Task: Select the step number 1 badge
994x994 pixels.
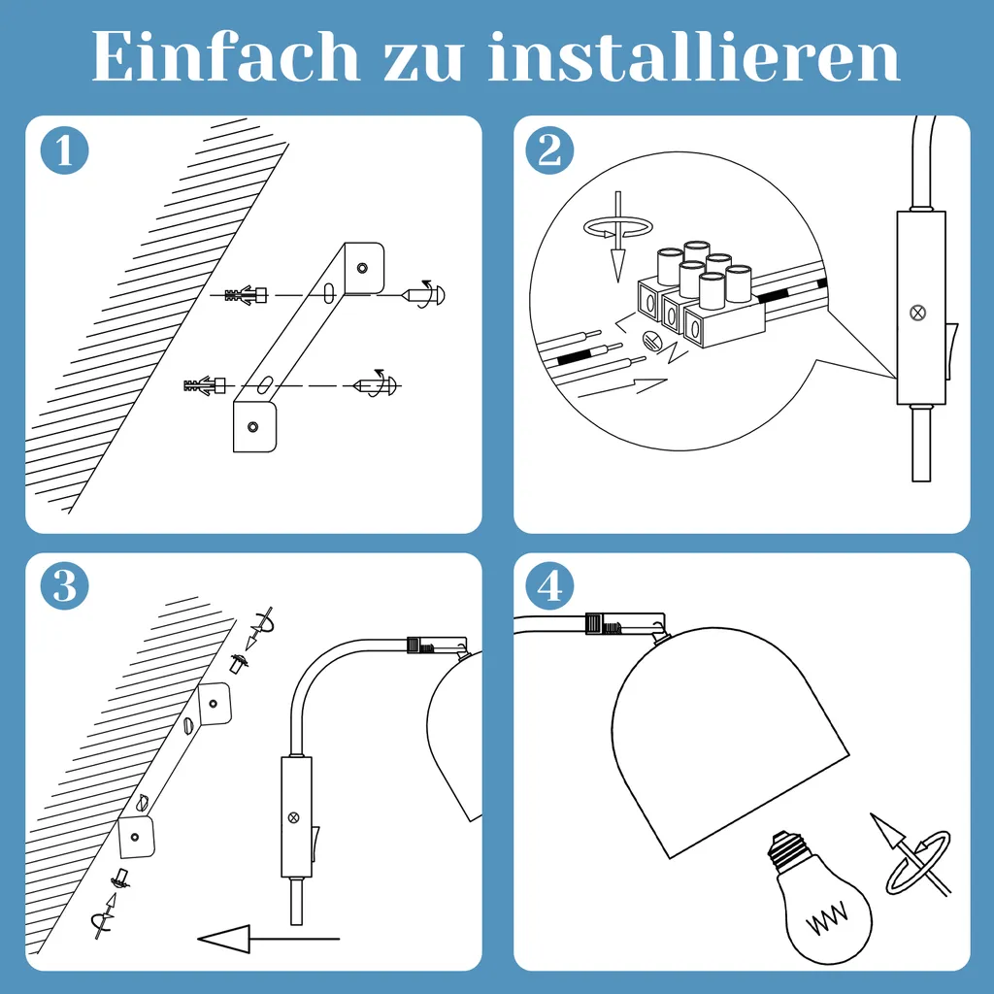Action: tap(64, 150)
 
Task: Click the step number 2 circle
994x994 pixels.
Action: tap(549, 150)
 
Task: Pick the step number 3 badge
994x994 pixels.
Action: tap(64, 585)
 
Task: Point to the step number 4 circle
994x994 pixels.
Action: tap(549, 585)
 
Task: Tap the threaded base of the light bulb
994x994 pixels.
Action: tap(788, 849)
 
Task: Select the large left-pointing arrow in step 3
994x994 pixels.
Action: tap(269, 939)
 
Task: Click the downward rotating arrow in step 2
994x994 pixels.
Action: tap(618, 235)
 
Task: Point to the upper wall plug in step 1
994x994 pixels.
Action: tap(246, 295)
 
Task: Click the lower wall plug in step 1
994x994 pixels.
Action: tap(204, 384)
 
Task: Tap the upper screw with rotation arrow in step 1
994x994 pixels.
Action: tap(423, 294)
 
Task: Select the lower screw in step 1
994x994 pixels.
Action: tap(376, 384)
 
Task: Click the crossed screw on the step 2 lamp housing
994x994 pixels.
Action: tap(917, 312)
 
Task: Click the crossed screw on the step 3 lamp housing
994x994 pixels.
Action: tap(293, 817)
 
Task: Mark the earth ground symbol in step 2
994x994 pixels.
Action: tap(651, 341)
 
